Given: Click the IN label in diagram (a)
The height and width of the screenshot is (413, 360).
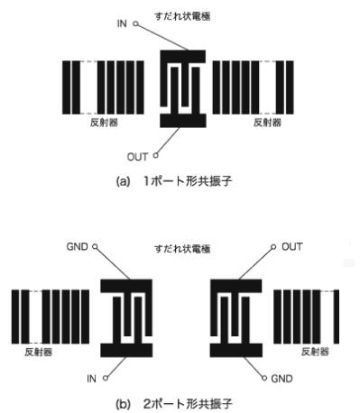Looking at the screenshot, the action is point(122,23).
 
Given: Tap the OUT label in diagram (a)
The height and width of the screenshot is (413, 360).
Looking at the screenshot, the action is point(137,157).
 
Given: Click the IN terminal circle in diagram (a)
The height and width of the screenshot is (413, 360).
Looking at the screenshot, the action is point(136,23).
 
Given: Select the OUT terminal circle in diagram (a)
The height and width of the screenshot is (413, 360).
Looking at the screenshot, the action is point(155,155).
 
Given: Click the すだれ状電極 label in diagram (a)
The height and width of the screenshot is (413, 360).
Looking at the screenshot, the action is point(182,16).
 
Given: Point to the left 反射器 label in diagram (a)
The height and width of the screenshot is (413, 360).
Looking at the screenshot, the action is point(104,123).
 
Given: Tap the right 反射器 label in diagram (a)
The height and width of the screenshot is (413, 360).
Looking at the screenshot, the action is point(267,123).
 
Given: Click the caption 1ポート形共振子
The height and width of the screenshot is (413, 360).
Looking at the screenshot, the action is point(188,181).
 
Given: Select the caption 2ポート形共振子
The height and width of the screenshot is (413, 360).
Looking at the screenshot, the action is point(188,404).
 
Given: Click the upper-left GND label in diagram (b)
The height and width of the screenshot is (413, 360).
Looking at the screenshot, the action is point(78,247).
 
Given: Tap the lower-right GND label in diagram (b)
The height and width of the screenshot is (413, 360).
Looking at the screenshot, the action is point(282,379).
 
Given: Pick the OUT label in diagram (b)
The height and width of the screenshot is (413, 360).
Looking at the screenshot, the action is point(292,247).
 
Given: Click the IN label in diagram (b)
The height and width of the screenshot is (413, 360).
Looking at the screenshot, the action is point(91,379).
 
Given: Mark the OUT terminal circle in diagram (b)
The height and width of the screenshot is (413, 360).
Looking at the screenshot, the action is point(273,247).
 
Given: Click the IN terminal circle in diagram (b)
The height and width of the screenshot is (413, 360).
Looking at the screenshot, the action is point(106,378).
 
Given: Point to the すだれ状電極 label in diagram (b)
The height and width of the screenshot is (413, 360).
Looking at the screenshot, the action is point(182,249).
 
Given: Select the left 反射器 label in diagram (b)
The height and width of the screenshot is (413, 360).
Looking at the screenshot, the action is point(39,352).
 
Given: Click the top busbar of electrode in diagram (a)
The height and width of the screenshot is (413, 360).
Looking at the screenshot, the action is point(183,56).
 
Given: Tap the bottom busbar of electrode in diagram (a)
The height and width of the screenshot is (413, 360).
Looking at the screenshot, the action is point(183,121).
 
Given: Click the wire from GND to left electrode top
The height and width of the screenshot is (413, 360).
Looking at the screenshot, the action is point(112,263).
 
